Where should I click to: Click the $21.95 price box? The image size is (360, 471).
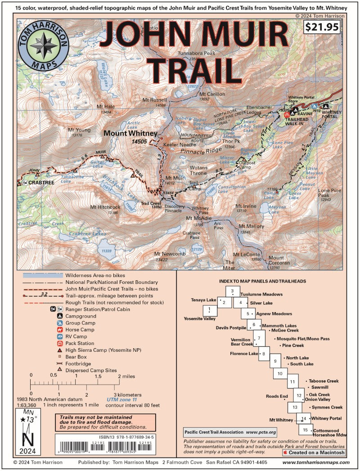pyautogui.click(x=322, y=27)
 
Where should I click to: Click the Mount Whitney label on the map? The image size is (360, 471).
pyautogui.click(x=130, y=134)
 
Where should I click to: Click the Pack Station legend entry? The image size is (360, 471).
pyautogui.click(x=79, y=343)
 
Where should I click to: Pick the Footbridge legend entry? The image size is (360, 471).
pyautogui.click(x=77, y=363)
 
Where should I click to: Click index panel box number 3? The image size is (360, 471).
pyautogui.click(x=233, y=292)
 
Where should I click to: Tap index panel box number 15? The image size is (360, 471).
pyautogui.click(x=305, y=430)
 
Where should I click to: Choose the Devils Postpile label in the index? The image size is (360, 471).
pyautogui.click(x=231, y=327)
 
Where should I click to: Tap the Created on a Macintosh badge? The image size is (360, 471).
pyautogui.click(x=314, y=453)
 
